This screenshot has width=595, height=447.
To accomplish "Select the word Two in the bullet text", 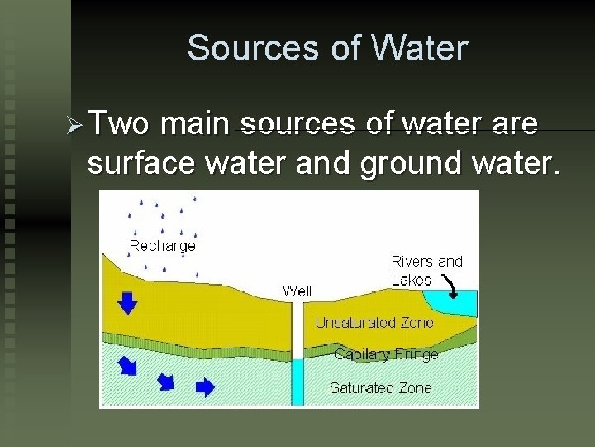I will (x=119, y=124).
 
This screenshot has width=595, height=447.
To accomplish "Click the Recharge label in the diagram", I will (x=163, y=245).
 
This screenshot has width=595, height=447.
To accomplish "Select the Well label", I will (x=297, y=291).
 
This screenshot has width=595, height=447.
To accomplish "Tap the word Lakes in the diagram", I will (x=411, y=280).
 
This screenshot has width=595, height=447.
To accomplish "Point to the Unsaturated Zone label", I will (x=374, y=323).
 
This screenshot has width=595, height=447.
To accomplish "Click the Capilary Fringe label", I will (x=386, y=354).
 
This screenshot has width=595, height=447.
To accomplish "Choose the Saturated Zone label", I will (x=380, y=387).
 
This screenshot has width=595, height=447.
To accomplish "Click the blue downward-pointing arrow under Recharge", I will (x=127, y=303).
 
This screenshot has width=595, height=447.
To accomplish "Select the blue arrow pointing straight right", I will (x=205, y=387).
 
